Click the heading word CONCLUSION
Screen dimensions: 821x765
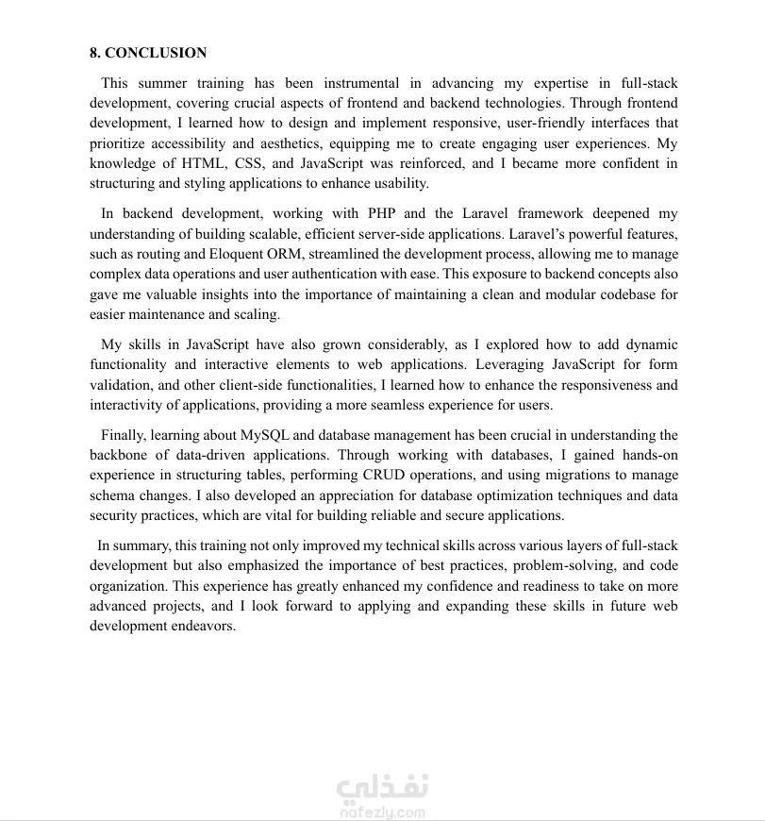coord(156,53)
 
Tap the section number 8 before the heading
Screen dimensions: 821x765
coord(94,53)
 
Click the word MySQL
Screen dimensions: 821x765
coord(267,435)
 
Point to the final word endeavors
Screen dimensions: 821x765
coord(201,626)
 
